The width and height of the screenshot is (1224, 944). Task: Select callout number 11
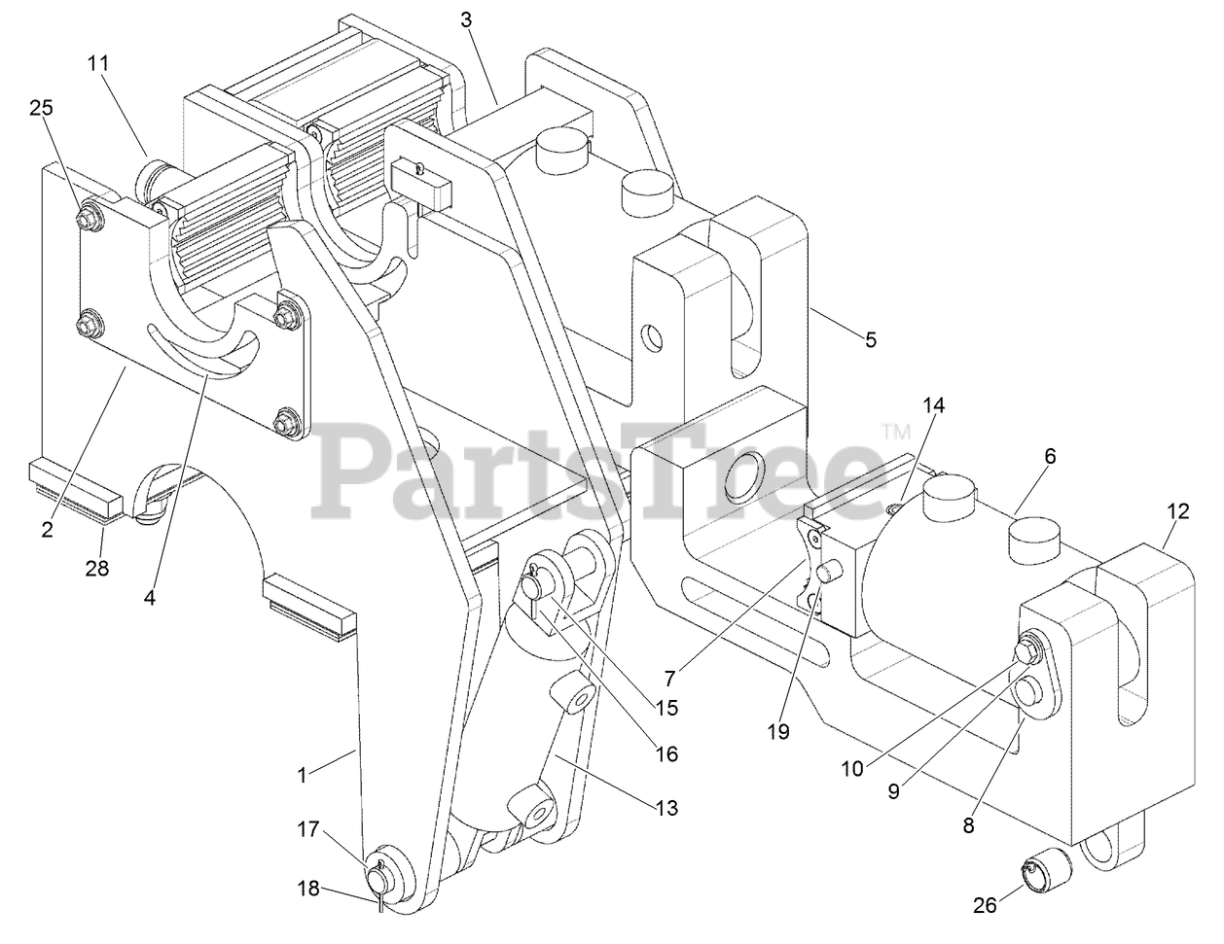[x=98, y=63]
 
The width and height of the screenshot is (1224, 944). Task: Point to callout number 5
[x=871, y=339]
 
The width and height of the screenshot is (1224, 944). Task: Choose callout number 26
[x=986, y=906]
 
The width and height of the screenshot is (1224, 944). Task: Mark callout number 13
[x=667, y=807]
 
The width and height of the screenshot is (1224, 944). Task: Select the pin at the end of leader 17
[x=377, y=875]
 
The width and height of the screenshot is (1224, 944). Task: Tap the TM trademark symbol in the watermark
[x=895, y=430]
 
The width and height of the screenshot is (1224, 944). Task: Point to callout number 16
[x=666, y=753]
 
